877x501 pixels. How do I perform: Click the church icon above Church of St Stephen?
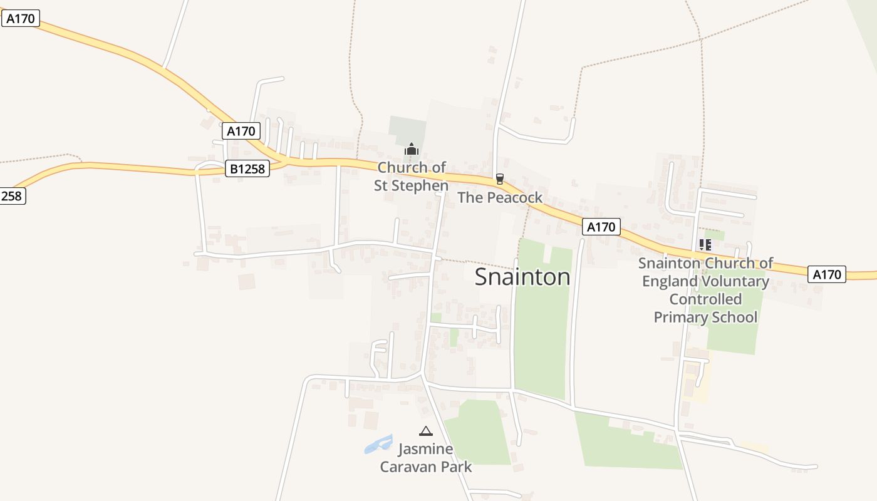(411, 149)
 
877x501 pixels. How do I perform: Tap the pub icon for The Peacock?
(499, 179)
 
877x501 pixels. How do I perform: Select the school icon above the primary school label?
(705, 245)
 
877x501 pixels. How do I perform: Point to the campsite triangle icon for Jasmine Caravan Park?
(426, 431)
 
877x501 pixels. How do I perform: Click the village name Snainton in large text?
(522, 277)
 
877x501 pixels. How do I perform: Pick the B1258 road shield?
(247, 168)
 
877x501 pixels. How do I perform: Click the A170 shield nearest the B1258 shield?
(241, 132)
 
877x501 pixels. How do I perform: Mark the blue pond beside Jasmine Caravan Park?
(378, 445)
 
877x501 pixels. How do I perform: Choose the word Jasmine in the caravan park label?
(425, 449)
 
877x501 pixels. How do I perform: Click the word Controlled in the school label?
(705, 299)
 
